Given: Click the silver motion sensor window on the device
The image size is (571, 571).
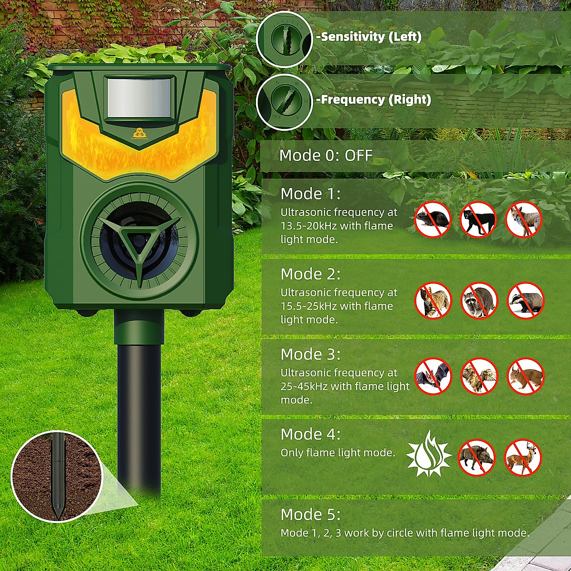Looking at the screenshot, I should (138, 98).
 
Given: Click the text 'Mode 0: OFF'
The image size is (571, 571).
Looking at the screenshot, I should (325, 156).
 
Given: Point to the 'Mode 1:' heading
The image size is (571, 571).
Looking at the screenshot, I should (311, 194).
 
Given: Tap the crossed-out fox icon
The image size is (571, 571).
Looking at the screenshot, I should (524, 219).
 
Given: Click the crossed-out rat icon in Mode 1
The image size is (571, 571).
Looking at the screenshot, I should (433, 219).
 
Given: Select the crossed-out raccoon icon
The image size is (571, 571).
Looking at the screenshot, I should (479, 300).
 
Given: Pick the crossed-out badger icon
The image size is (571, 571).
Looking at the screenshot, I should (525, 300).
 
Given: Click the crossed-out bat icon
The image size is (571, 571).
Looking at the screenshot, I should (433, 376).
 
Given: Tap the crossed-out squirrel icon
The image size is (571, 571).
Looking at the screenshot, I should (525, 376).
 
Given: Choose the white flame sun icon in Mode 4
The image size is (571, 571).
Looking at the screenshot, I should (429, 454).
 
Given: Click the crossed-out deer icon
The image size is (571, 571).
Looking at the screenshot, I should (522, 457).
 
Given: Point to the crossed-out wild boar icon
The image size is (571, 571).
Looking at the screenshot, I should (477, 457).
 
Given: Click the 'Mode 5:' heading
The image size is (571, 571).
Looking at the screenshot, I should (311, 514).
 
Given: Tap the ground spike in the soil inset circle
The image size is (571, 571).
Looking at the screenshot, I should (58, 476).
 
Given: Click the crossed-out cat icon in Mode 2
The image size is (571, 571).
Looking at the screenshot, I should (433, 300).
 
